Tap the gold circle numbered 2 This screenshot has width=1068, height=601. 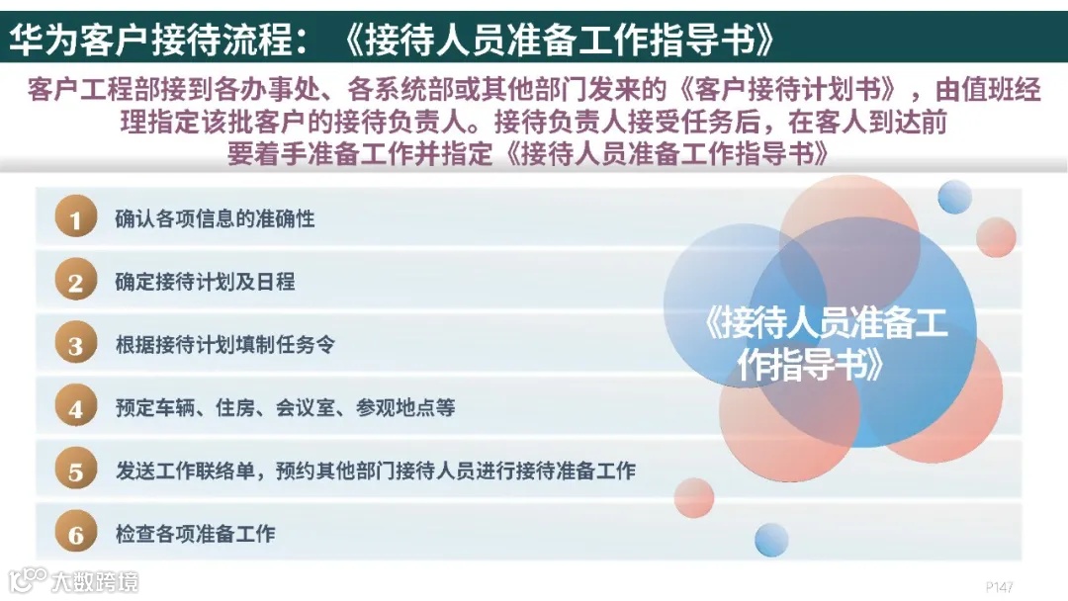(x=75, y=283)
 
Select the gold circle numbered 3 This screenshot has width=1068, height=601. (x=75, y=346)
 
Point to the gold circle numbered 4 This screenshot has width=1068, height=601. (x=75, y=408)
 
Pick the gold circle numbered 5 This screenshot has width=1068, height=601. (x=75, y=472)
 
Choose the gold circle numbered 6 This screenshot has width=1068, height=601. (x=75, y=535)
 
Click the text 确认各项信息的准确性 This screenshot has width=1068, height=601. (x=215, y=219)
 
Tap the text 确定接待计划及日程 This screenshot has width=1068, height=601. (x=205, y=283)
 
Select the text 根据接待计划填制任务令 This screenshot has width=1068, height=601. (x=224, y=346)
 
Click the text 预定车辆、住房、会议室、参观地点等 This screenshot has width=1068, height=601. (x=285, y=408)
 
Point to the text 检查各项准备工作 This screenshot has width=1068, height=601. (x=195, y=535)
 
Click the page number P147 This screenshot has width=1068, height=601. (x=1000, y=586)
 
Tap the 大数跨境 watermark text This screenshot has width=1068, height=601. (x=95, y=580)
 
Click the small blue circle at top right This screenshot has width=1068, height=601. (x=955, y=197)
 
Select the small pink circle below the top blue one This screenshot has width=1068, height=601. (x=996, y=237)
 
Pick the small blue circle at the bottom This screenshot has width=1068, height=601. (x=771, y=540)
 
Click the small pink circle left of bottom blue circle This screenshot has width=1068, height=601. (x=694, y=497)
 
